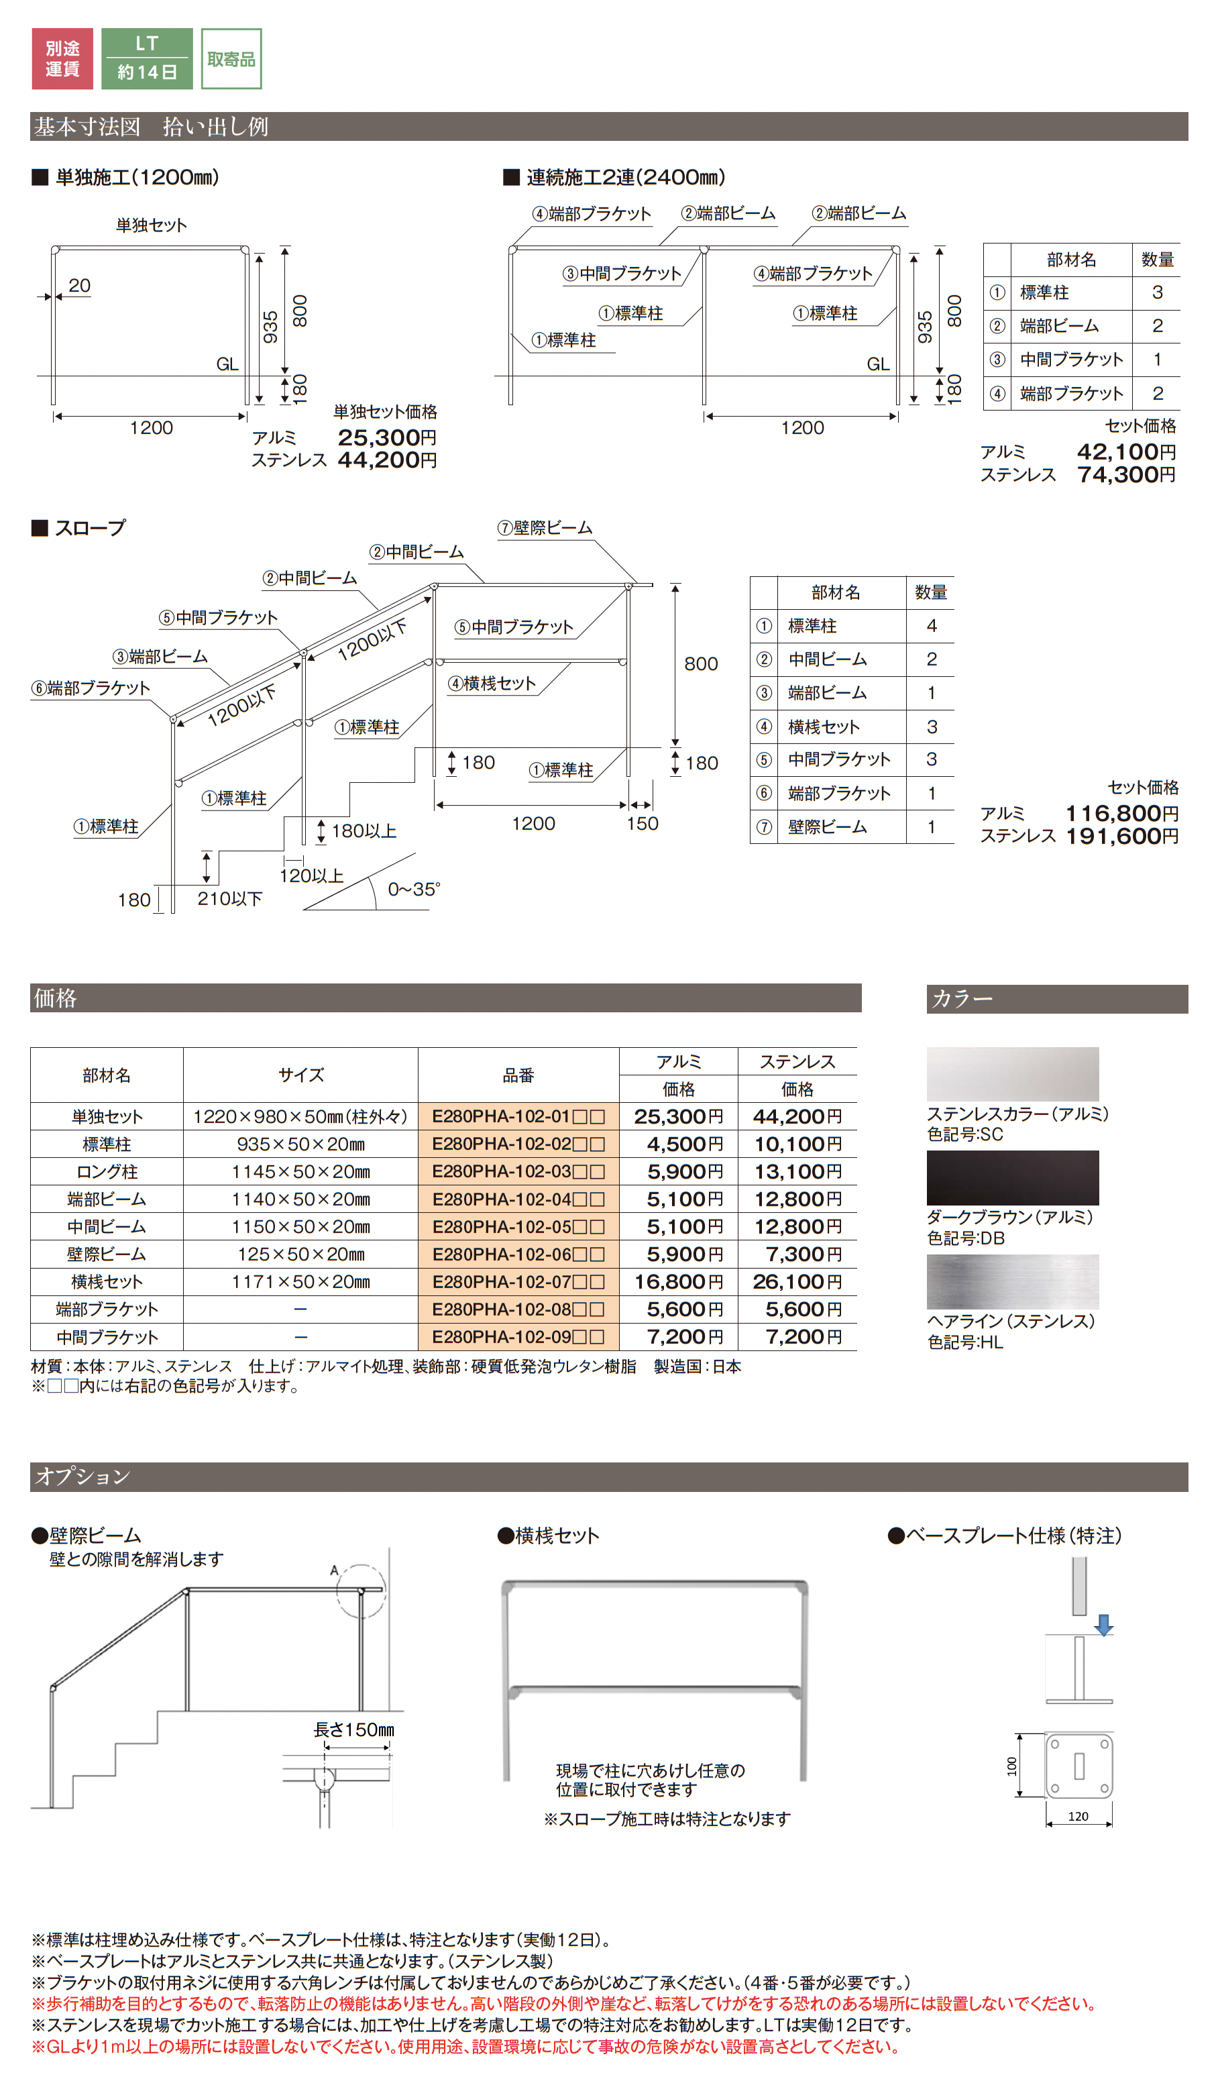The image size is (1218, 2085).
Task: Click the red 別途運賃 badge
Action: point(62,59)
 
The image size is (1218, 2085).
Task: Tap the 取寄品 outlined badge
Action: point(231,59)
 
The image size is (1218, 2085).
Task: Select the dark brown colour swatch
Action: point(1012,1177)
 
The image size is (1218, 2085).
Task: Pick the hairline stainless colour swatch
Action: point(1012,1281)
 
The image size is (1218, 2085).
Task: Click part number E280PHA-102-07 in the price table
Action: point(518,1281)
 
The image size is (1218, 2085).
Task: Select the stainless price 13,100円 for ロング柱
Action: point(797,1171)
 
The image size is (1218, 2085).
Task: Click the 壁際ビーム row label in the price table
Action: point(106,1254)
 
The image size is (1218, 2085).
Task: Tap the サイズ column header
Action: point(300,1075)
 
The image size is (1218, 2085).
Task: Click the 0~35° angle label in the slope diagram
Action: point(414,890)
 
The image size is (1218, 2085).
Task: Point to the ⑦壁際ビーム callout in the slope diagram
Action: point(545,528)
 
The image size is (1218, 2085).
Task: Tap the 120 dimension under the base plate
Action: point(1077,1816)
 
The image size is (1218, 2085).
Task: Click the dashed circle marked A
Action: point(362,1589)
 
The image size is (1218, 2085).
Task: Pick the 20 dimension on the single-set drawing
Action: point(79,286)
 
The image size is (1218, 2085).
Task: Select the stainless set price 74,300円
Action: point(1125,475)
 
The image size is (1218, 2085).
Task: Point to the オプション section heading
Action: point(82,1477)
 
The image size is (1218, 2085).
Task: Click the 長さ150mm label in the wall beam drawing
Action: point(354,1730)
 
